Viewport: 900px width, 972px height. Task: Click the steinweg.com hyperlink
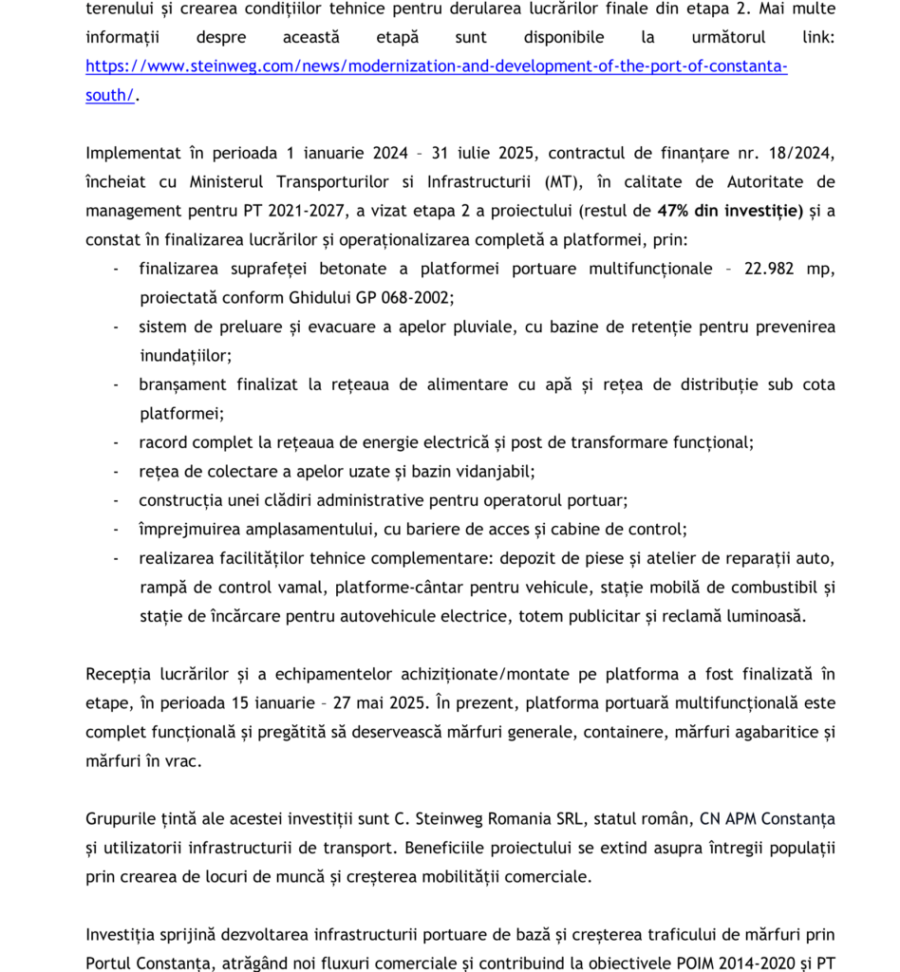coord(437,66)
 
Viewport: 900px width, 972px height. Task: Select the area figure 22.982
coord(771,269)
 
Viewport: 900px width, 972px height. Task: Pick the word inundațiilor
coord(185,355)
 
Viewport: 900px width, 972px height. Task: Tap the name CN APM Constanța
coord(768,819)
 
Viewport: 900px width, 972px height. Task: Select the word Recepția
coord(120,674)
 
